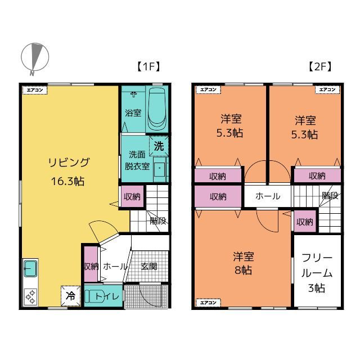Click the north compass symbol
(x=35, y=57)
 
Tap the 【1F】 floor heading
(x=148, y=67)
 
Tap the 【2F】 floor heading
(x=320, y=67)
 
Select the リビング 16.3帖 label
(x=68, y=172)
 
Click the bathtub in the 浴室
(x=157, y=109)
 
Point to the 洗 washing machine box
(x=159, y=146)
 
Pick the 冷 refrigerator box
(x=70, y=296)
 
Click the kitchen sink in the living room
(x=30, y=268)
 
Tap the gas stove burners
(x=30, y=297)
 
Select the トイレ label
(x=107, y=296)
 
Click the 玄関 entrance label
(x=148, y=266)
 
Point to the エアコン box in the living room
(x=35, y=90)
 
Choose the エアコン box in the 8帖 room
(x=208, y=303)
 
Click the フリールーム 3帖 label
(x=317, y=273)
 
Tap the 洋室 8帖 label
(x=244, y=263)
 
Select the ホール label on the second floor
(x=268, y=196)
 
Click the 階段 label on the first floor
(x=158, y=221)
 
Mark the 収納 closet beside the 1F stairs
(x=132, y=196)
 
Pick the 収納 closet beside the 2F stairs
(x=305, y=222)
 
